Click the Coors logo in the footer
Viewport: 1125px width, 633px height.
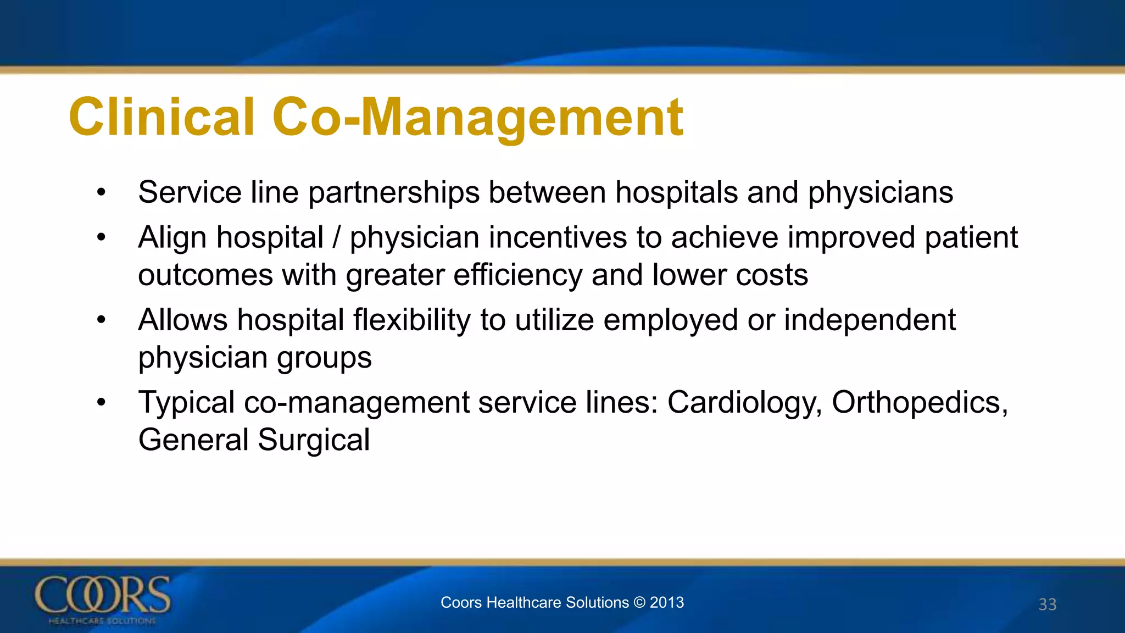[103, 599]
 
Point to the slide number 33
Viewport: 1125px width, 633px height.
[1047, 604]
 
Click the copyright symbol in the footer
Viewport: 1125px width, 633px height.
[639, 602]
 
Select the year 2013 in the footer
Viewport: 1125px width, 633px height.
[667, 602]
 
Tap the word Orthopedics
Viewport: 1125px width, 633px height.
[920, 402]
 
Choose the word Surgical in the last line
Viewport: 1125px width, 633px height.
[314, 440]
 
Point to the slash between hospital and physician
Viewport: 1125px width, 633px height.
[336, 237]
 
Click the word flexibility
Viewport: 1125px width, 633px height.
[411, 320]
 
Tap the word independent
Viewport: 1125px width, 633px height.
[870, 320]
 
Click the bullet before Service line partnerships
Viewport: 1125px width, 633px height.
[101, 193]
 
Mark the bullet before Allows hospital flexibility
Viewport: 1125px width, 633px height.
[101, 320]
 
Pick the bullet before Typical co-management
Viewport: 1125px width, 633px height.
[101, 402]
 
